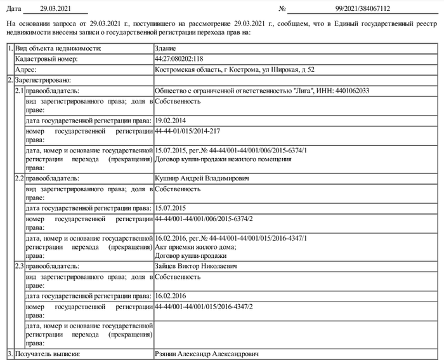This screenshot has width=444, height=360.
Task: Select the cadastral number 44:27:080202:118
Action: coord(178,59)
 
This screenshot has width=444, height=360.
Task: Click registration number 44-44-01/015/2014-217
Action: coord(187,130)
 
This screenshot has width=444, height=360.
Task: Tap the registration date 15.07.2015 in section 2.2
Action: coord(171,208)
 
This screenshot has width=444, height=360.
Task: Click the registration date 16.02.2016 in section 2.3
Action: coord(171,296)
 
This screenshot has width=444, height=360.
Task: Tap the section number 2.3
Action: coord(19,266)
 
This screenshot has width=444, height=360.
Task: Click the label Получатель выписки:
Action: coord(48,354)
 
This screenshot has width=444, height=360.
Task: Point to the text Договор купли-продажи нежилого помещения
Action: coord(223,159)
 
